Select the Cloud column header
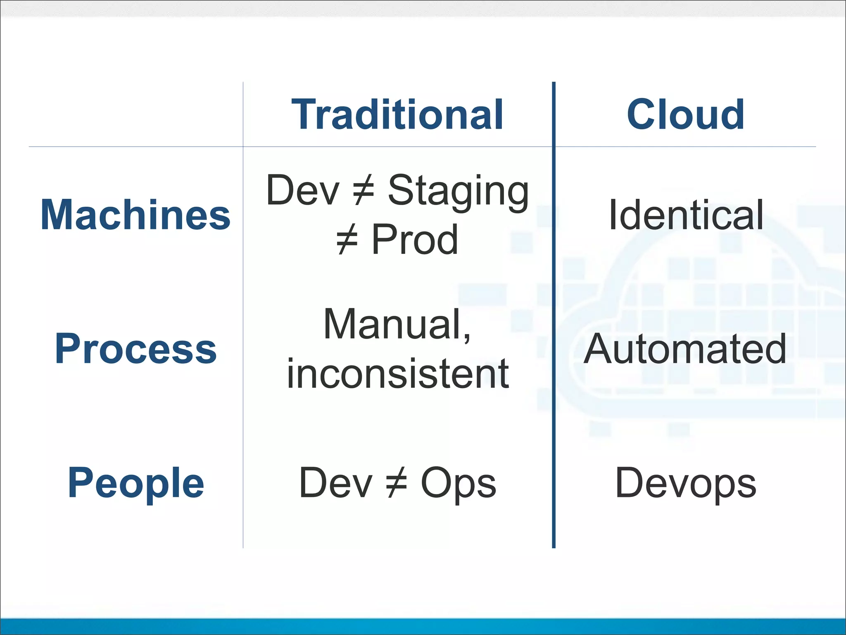(x=686, y=115)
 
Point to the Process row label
(x=135, y=349)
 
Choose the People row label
(x=135, y=482)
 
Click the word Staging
(x=458, y=191)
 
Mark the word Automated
(x=685, y=349)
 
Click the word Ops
(x=458, y=483)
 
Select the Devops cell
(x=686, y=483)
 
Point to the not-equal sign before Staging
(x=364, y=191)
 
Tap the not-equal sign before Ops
(x=397, y=483)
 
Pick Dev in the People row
(x=335, y=482)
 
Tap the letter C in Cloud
(x=642, y=115)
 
